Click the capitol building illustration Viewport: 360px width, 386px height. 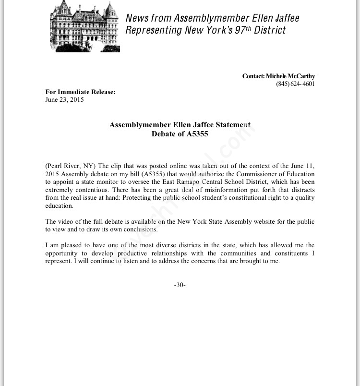[84, 26]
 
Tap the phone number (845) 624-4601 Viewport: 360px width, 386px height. [295, 84]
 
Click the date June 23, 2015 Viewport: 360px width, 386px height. [64, 100]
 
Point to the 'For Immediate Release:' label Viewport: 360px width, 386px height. [80, 92]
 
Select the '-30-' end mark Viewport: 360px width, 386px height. [180, 285]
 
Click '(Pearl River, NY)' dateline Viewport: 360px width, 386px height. [71, 166]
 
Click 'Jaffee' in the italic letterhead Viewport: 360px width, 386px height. [283, 18]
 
